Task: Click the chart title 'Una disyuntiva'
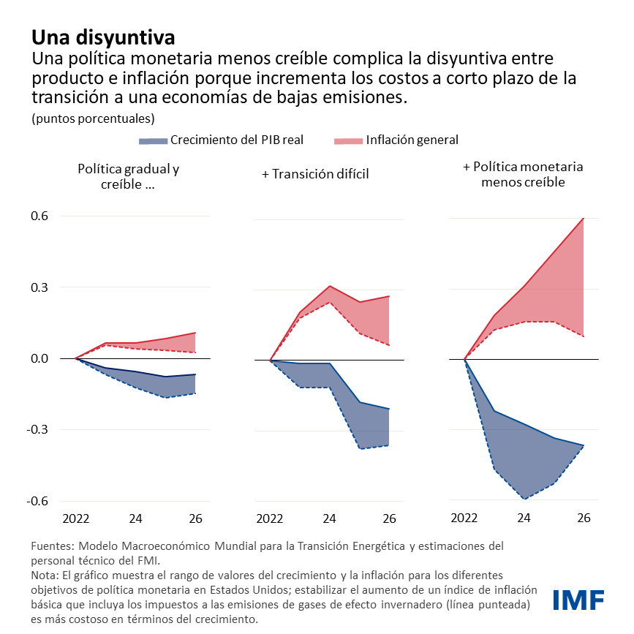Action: tap(102, 37)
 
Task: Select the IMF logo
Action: tap(578, 600)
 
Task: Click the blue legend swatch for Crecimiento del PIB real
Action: tap(152, 140)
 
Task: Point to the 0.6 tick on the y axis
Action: tap(39, 216)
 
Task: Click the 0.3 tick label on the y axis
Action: tap(39, 287)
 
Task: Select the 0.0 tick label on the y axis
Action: tap(39, 358)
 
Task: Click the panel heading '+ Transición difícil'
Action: tap(314, 174)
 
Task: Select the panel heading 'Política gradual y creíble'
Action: tap(128, 176)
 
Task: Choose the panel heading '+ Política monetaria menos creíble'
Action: tap(522, 174)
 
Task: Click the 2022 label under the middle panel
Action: tap(270, 519)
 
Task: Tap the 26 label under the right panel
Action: tap(584, 519)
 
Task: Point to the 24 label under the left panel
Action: tap(135, 519)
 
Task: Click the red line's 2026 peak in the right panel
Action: tap(584, 218)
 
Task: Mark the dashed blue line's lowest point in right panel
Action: tap(524, 499)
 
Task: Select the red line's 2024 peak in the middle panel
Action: tap(330, 286)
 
